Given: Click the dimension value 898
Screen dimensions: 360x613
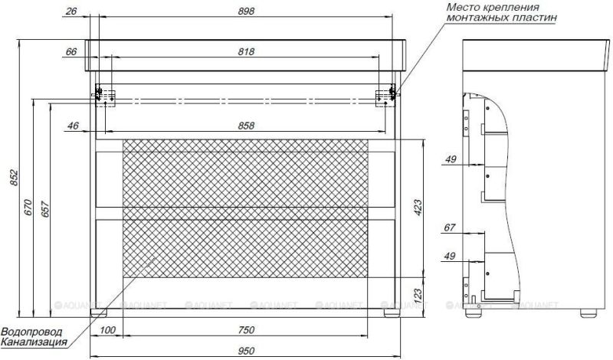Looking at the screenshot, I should [245, 11].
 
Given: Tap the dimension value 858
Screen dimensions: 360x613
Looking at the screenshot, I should [245, 125].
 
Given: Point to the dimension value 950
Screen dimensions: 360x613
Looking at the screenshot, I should [245, 351].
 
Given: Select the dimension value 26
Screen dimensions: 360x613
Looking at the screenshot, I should [72, 11].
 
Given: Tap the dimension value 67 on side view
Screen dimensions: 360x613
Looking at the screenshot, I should [449, 227].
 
